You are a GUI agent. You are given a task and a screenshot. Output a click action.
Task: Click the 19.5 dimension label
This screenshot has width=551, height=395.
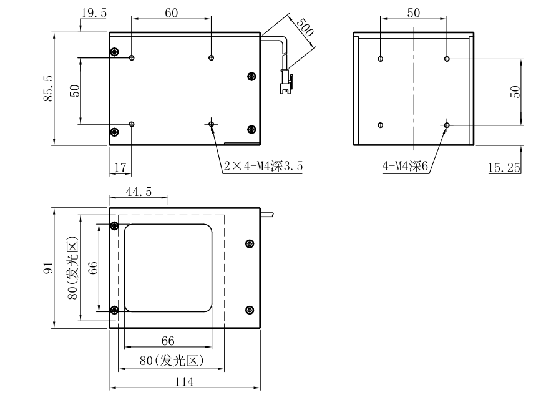click(94, 12)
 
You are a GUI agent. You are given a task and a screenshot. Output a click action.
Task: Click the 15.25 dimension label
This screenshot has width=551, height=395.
click(505, 167)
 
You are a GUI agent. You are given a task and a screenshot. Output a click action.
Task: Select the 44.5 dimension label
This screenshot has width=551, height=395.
click(139, 192)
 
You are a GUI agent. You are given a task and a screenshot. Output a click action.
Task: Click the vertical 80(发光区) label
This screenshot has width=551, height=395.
click(73, 268)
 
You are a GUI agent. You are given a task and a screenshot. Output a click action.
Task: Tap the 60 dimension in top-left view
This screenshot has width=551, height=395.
click(172, 12)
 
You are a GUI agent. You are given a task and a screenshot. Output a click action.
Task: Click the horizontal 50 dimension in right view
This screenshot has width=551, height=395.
click(413, 12)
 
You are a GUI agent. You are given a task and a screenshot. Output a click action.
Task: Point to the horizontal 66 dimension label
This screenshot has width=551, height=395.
click(168, 341)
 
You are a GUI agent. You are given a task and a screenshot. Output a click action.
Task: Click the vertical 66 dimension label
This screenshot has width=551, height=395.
click(92, 268)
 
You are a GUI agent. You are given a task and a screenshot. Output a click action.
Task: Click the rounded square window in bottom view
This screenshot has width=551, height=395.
click(168, 268)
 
